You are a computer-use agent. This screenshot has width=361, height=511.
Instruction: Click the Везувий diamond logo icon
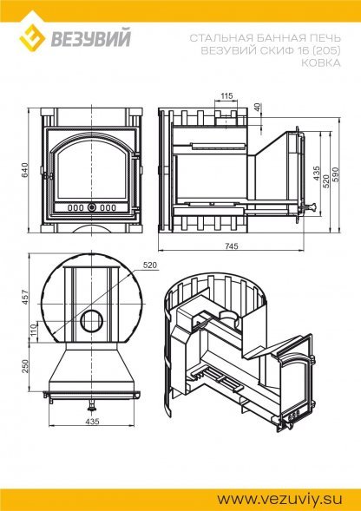tap(32, 36)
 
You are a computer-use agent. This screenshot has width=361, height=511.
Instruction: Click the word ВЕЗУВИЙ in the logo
tap(90, 37)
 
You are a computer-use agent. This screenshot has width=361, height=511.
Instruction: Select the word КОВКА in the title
tap(320, 62)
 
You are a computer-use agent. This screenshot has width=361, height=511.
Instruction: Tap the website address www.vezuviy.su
tap(280, 499)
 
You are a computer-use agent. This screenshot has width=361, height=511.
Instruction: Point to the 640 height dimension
tap(25, 169)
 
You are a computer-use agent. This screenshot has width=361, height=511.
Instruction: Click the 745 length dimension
tap(231, 246)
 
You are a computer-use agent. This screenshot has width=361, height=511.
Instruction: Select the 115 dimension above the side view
tap(226, 95)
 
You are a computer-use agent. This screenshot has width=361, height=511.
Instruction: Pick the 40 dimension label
tap(258, 107)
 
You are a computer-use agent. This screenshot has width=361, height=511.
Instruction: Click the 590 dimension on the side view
tap(336, 174)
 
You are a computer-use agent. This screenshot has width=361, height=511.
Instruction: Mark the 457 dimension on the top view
tap(25, 298)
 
